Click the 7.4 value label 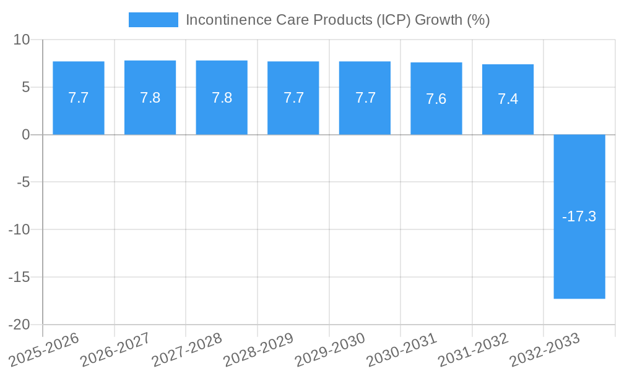click(508, 99)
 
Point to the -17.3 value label click(579, 216)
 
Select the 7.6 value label click(436, 99)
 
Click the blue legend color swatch click(153, 20)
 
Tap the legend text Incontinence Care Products click(337, 20)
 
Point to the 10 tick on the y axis click(22, 40)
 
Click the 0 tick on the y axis click(25, 135)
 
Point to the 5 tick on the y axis click(25, 87)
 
